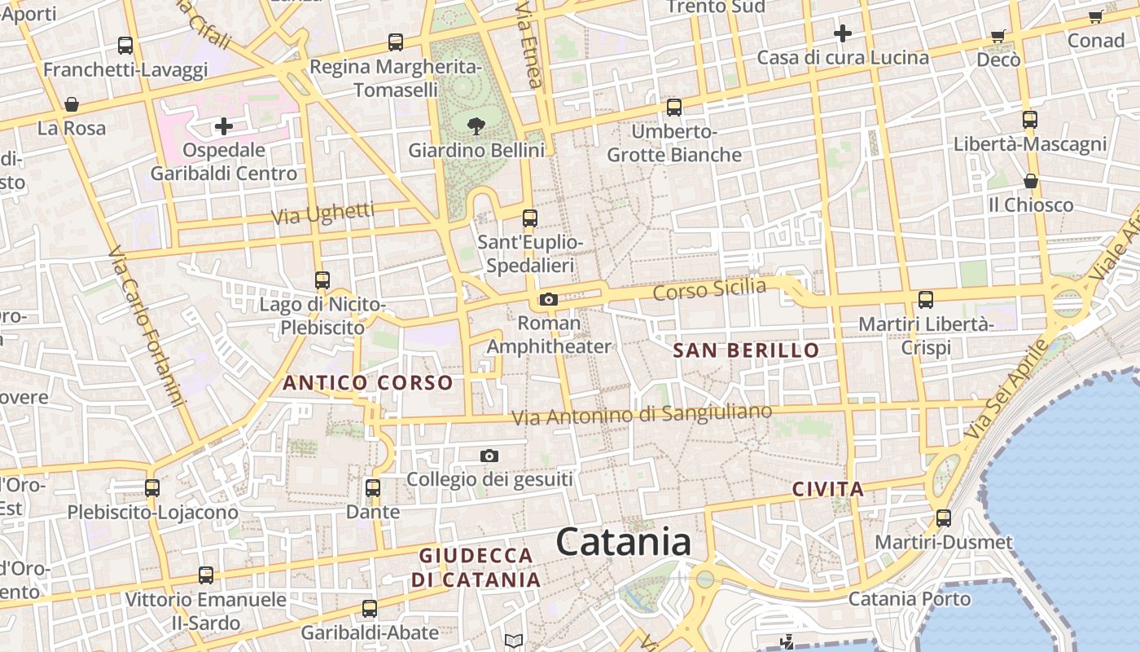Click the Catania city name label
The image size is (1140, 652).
[x=624, y=543]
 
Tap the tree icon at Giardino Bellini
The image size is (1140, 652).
[x=476, y=126]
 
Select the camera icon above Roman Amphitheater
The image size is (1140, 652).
[x=549, y=299]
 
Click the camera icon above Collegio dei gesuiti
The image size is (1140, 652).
[x=489, y=456]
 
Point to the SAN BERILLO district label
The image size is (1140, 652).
[x=747, y=350]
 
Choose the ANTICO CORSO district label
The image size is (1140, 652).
[x=367, y=382]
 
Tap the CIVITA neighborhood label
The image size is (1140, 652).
[x=827, y=489]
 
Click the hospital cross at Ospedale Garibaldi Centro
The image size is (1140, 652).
[x=223, y=126]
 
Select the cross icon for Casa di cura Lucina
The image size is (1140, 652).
[x=843, y=33]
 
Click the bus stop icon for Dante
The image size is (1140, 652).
[x=373, y=488]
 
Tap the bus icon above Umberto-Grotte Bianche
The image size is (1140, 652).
[x=674, y=107]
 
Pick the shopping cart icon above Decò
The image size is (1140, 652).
[x=998, y=36]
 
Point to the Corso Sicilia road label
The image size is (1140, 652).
[x=709, y=289]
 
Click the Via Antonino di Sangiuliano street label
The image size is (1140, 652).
[x=642, y=414]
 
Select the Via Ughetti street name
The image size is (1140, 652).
[x=322, y=214]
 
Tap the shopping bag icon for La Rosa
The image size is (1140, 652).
[x=72, y=104]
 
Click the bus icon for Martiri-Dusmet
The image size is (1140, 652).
[x=944, y=518]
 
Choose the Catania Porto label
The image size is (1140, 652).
[x=910, y=599]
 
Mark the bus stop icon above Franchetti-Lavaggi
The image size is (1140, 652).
[x=125, y=45]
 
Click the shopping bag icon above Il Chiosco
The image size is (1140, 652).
[x=1031, y=181]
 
